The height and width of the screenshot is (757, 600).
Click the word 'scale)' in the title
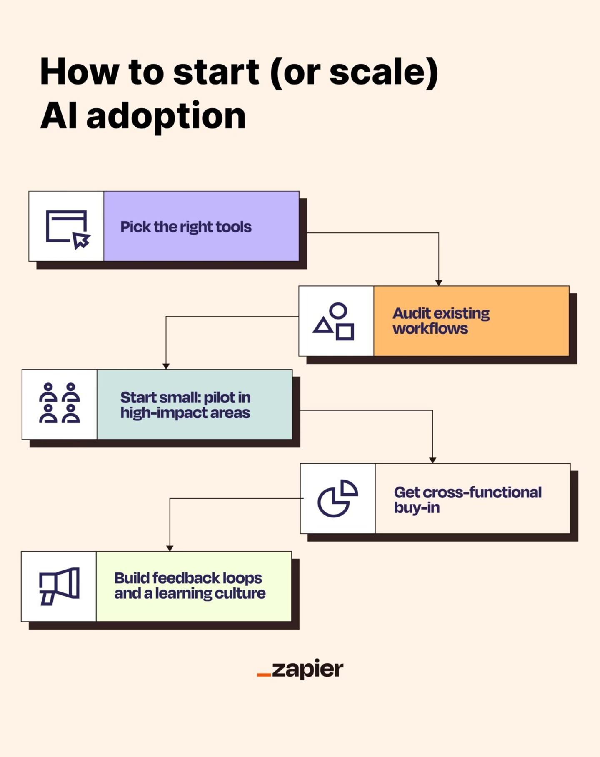[383, 72]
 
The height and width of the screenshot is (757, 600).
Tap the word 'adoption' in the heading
[166, 117]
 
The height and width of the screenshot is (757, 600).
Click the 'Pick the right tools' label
[186, 227]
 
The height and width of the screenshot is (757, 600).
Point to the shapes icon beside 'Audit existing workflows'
[334, 321]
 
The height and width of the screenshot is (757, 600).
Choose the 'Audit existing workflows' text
[441, 321]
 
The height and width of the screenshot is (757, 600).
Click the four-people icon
[59, 403]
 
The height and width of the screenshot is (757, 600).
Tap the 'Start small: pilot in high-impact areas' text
[185, 405]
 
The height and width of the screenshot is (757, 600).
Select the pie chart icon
[337, 498]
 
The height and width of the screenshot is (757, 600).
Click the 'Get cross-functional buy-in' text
[467, 500]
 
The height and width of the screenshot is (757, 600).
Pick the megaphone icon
[59, 586]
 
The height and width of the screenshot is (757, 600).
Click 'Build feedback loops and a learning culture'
[190, 585]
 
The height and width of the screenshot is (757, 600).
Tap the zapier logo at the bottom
[300, 669]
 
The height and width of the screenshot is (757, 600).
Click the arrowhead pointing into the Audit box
[438, 283]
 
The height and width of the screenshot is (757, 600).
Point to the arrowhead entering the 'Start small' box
[166, 366]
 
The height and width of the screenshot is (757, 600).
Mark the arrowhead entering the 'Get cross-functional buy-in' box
[432, 460]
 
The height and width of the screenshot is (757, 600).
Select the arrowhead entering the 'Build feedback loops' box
[170, 549]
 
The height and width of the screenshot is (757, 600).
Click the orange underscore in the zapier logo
[264, 674]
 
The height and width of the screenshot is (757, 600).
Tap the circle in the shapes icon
[338, 310]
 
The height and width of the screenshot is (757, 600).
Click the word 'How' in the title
[79, 72]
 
